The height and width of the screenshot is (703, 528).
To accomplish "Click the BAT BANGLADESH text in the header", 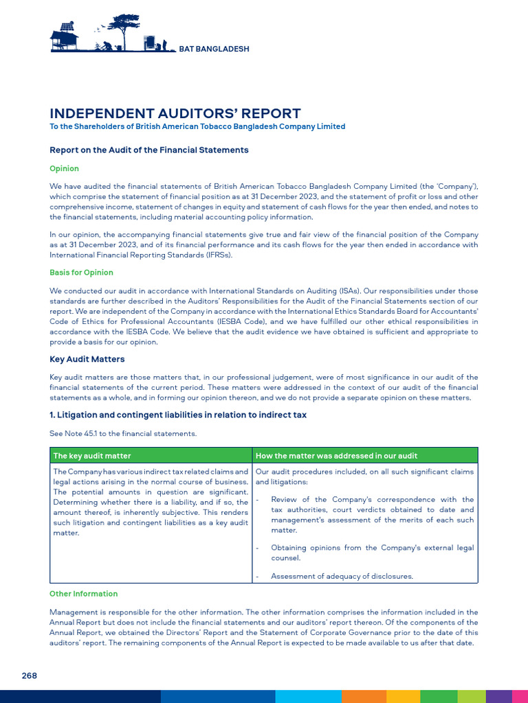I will (214, 49).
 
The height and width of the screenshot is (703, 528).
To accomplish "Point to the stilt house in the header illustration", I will (65, 38).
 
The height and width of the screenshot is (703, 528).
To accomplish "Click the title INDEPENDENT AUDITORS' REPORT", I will (175, 114).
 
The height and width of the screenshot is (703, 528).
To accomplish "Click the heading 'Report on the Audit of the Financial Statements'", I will (149, 150).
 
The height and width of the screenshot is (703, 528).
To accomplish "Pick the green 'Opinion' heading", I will (64, 169).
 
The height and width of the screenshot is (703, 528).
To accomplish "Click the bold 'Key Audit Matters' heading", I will (87, 359).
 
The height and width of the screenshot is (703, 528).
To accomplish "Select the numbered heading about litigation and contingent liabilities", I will (178, 415).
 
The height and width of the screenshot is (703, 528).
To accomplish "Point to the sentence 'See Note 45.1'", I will (123, 434).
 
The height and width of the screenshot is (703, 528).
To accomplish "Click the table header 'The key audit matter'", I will (92, 456).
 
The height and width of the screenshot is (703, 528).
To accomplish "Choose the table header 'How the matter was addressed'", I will (336, 456).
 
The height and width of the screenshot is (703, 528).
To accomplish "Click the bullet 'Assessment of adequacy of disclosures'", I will (342, 577).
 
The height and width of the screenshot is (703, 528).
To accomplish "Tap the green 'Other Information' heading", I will (83, 594).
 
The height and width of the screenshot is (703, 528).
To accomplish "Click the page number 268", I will (29, 676).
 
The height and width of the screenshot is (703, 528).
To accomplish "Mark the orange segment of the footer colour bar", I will (364, 696).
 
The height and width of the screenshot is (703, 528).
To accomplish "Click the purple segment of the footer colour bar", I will (498, 696).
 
